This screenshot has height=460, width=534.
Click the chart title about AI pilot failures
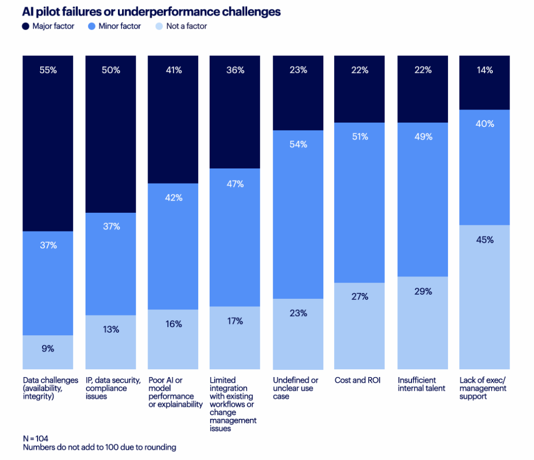151,11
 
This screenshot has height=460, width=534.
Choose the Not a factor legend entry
186,26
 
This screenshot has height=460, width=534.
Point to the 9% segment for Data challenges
48,349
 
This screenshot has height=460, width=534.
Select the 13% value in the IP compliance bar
111,330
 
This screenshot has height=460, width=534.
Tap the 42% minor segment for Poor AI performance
174,198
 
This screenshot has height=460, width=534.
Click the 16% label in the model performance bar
174,324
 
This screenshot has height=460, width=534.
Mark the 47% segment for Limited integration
235,184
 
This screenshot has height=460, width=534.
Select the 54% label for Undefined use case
298,144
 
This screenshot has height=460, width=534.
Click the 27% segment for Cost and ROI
360,297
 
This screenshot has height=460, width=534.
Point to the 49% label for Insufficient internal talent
423,137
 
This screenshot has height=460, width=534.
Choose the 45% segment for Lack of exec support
484,240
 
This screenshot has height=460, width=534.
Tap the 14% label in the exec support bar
484,70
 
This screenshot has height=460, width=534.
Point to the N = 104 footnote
35,439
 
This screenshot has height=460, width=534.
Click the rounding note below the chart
100,447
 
